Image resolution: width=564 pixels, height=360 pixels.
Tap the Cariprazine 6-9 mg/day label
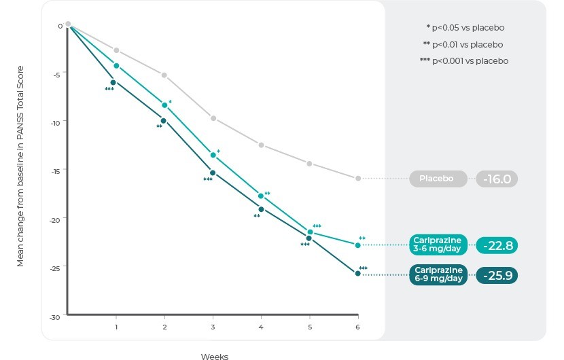click(438, 274)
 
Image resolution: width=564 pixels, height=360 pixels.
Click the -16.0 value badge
click(497, 179)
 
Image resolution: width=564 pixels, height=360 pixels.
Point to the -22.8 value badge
click(497, 245)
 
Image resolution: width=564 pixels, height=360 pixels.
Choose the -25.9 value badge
click(497, 275)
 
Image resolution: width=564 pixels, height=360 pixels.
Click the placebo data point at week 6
click(358, 178)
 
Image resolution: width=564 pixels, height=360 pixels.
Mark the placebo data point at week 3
click(213, 118)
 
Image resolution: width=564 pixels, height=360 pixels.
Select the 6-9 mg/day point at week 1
click(113, 82)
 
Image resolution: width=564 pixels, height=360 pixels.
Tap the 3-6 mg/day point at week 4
click(261, 196)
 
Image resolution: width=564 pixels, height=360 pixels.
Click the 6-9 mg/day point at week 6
click(358, 273)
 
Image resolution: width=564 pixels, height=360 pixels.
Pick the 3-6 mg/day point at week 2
click(164, 105)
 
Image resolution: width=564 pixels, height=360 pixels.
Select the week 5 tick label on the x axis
click(310, 327)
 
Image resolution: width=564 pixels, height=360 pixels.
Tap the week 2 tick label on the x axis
click(164, 327)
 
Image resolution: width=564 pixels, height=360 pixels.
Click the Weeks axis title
click(214, 356)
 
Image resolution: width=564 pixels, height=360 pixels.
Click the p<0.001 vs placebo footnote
click(464, 60)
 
